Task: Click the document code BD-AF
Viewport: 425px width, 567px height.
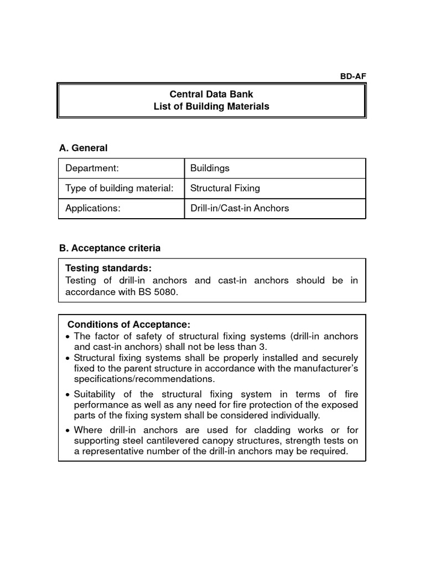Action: point(353,77)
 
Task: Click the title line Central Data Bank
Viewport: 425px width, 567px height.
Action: point(211,95)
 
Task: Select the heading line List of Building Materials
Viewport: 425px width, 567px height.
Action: point(211,106)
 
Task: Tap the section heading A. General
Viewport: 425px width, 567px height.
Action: point(83,148)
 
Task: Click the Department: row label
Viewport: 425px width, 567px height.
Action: point(92,168)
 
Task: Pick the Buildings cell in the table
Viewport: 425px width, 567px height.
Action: point(210,168)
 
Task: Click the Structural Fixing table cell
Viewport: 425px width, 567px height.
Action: point(225,188)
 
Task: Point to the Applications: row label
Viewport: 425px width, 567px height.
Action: point(92,208)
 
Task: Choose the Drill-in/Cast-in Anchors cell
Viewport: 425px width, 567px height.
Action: point(240,208)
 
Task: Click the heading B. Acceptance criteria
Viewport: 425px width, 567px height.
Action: point(110,248)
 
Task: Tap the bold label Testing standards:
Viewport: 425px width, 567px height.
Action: point(108,269)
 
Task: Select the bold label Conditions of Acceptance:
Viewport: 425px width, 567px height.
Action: point(128,324)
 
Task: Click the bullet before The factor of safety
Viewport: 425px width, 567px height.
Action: point(68,337)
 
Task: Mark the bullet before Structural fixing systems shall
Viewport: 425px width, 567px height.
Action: point(68,358)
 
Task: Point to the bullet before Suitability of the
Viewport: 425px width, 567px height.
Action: point(68,395)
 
